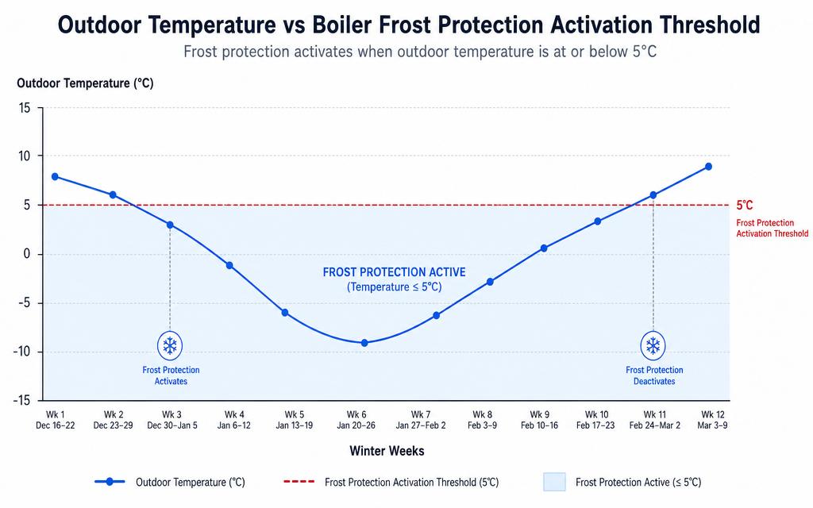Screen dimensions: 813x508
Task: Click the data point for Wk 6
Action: click(364, 343)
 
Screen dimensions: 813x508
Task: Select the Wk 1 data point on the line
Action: click(55, 177)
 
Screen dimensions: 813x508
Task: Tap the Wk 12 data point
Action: click(708, 167)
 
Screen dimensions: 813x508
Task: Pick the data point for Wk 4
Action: click(229, 265)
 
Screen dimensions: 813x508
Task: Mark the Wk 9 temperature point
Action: click(544, 248)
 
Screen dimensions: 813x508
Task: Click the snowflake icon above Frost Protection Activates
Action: click(170, 345)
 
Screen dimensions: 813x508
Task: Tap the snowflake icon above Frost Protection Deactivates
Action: click(653, 345)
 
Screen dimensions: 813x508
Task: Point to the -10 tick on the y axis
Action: click(21, 352)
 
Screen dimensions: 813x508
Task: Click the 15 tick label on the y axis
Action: click(25, 108)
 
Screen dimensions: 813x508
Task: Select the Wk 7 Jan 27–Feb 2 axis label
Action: click(421, 420)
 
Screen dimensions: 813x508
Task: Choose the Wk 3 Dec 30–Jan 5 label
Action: click(172, 420)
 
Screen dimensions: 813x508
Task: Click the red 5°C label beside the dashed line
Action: click(745, 206)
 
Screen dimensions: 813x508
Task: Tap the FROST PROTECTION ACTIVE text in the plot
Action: click(394, 272)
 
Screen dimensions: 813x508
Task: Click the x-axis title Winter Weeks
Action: click(387, 451)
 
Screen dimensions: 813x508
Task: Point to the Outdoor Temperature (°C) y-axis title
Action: click(85, 83)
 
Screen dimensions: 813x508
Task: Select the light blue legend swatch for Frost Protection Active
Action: click(554, 482)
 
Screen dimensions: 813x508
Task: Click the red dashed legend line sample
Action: click(299, 482)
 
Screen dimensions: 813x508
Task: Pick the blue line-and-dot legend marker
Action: click(110, 482)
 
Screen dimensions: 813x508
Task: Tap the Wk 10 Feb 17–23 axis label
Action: click(595, 420)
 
